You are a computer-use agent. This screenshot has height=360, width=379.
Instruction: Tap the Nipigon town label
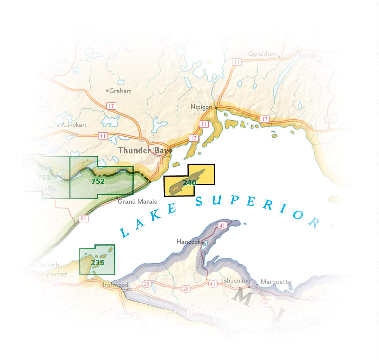[x=201, y=107]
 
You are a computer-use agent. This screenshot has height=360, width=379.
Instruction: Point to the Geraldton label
[x=262, y=54]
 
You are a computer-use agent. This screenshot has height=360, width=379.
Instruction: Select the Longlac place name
[x=310, y=55]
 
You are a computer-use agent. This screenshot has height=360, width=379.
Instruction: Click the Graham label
[x=120, y=91]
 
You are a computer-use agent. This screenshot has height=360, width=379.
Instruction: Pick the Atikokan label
[x=73, y=125]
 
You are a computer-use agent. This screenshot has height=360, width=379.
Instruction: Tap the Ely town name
[x=51, y=189]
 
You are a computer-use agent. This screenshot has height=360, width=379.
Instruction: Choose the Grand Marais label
[x=137, y=202]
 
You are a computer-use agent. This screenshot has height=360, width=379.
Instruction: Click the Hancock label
[x=188, y=242]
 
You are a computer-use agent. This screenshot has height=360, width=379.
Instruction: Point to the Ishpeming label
[x=236, y=281]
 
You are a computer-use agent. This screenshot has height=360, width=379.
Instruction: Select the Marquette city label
[x=276, y=282]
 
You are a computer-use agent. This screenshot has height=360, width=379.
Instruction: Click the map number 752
[x=98, y=181]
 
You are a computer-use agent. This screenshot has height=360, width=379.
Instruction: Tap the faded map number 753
[x=44, y=178]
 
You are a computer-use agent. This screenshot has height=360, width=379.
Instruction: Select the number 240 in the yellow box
[x=189, y=183]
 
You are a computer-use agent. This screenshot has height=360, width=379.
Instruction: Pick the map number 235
[x=97, y=263]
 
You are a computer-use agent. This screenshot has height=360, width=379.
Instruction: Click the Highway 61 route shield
[x=83, y=218]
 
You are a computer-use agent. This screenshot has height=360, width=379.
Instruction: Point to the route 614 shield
[x=330, y=119]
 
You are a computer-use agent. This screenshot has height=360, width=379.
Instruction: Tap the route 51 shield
[x=134, y=316]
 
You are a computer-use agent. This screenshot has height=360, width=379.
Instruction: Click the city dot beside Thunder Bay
[x=171, y=151]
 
